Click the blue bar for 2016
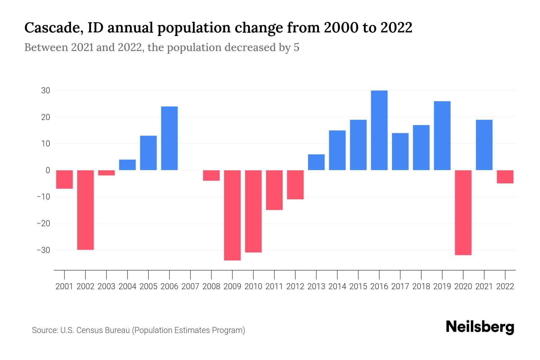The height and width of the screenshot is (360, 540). (x=379, y=130)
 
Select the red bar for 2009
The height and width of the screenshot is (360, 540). (x=232, y=215)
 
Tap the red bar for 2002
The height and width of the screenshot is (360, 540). (x=85, y=210)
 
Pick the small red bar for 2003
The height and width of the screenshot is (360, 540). (x=106, y=173)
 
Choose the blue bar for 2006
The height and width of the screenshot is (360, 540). (x=169, y=138)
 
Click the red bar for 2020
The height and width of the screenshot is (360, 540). (x=463, y=212)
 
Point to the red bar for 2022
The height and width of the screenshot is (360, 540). (x=505, y=177)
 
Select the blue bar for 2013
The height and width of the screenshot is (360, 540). (x=316, y=162)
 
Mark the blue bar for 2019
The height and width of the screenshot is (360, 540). (x=442, y=136)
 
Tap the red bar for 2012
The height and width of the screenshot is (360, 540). (x=295, y=184)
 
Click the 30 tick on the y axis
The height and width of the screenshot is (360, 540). (x=46, y=91)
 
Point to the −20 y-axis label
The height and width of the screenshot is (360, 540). (x=43, y=223)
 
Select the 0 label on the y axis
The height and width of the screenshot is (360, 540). (x=48, y=170)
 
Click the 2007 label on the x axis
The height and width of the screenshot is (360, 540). (x=190, y=286)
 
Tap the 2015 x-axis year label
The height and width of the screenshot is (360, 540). (x=358, y=286)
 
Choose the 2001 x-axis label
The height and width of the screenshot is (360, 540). (x=64, y=286)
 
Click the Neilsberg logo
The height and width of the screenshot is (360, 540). (x=480, y=327)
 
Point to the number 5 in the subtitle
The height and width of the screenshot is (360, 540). (x=296, y=47)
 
